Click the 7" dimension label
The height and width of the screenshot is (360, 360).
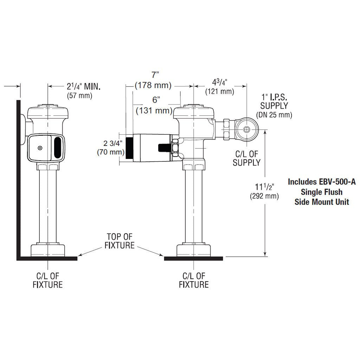[155, 75]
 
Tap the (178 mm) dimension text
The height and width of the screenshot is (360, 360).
[153, 85]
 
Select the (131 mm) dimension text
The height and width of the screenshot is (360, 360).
[154, 111]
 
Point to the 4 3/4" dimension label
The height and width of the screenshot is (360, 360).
[219, 82]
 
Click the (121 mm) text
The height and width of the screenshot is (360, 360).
[220, 91]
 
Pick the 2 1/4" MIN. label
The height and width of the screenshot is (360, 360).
[84, 86]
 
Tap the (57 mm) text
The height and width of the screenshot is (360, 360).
[79, 96]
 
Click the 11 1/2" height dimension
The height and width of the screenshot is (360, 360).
[265, 187]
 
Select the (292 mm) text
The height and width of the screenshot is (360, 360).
[264, 196]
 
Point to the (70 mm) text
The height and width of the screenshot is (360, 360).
[111, 152]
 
